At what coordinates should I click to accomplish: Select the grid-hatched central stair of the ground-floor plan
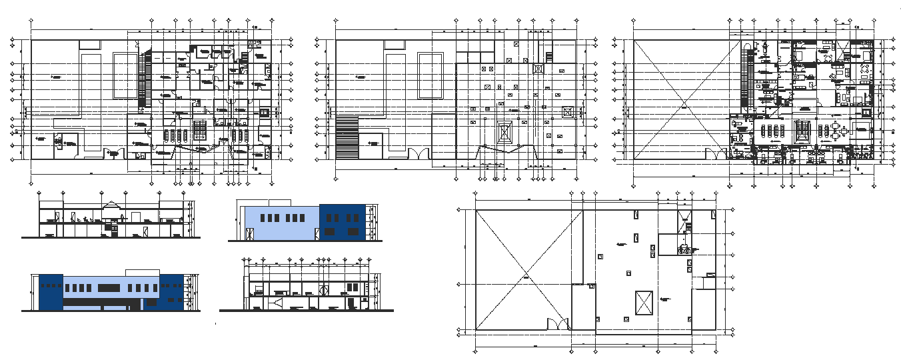pyautogui.click(x=200, y=131)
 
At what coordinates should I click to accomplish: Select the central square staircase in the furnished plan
pyautogui.click(x=805, y=131)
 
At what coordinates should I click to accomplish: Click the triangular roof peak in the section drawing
pyautogui.click(x=111, y=206)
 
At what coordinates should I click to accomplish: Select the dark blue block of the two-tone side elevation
pyautogui.click(x=342, y=223)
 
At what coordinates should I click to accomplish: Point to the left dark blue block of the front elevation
pyautogui.click(x=51, y=291)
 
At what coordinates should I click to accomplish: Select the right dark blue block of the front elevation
pyautogui.click(x=171, y=292)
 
